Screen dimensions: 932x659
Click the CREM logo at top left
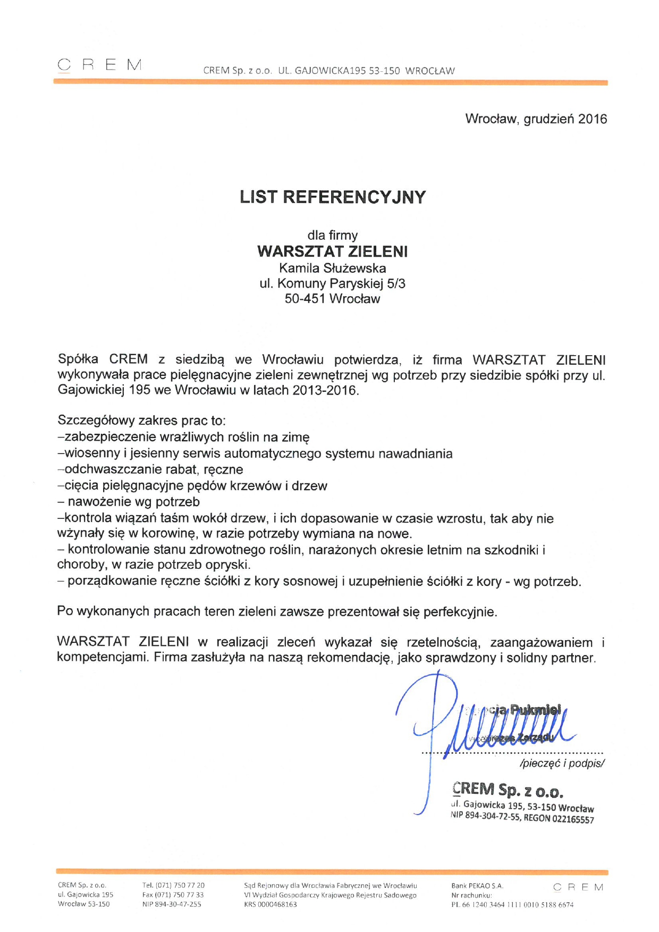[99, 65]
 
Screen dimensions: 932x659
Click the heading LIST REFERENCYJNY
[333, 197]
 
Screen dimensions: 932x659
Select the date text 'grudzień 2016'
[565, 119]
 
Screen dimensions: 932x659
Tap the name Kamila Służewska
[333, 268]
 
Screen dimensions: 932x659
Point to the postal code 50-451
[305, 298]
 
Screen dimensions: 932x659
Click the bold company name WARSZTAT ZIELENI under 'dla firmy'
[333, 251]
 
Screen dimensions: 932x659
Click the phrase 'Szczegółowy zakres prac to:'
[141, 421]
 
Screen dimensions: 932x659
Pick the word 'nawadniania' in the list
[415, 454]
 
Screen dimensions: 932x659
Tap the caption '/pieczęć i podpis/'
[562, 763]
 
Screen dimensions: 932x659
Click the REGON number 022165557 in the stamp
[573, 819]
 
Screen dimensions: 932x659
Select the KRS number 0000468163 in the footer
[277, 904]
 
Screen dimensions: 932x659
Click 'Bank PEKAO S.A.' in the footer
[477, 886]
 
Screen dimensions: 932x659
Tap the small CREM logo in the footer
[578, 887]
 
